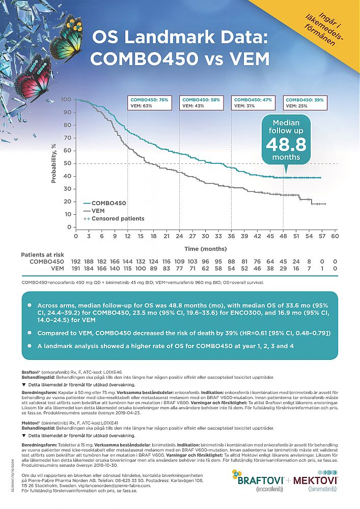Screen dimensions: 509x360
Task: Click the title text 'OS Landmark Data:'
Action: click(x=180, y=39)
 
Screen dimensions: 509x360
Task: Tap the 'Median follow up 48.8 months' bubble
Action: click(x=286, y=139)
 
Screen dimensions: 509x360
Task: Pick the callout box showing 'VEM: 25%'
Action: click(x=304, y=103)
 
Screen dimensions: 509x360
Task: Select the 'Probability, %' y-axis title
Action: click(x=54, y=163)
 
